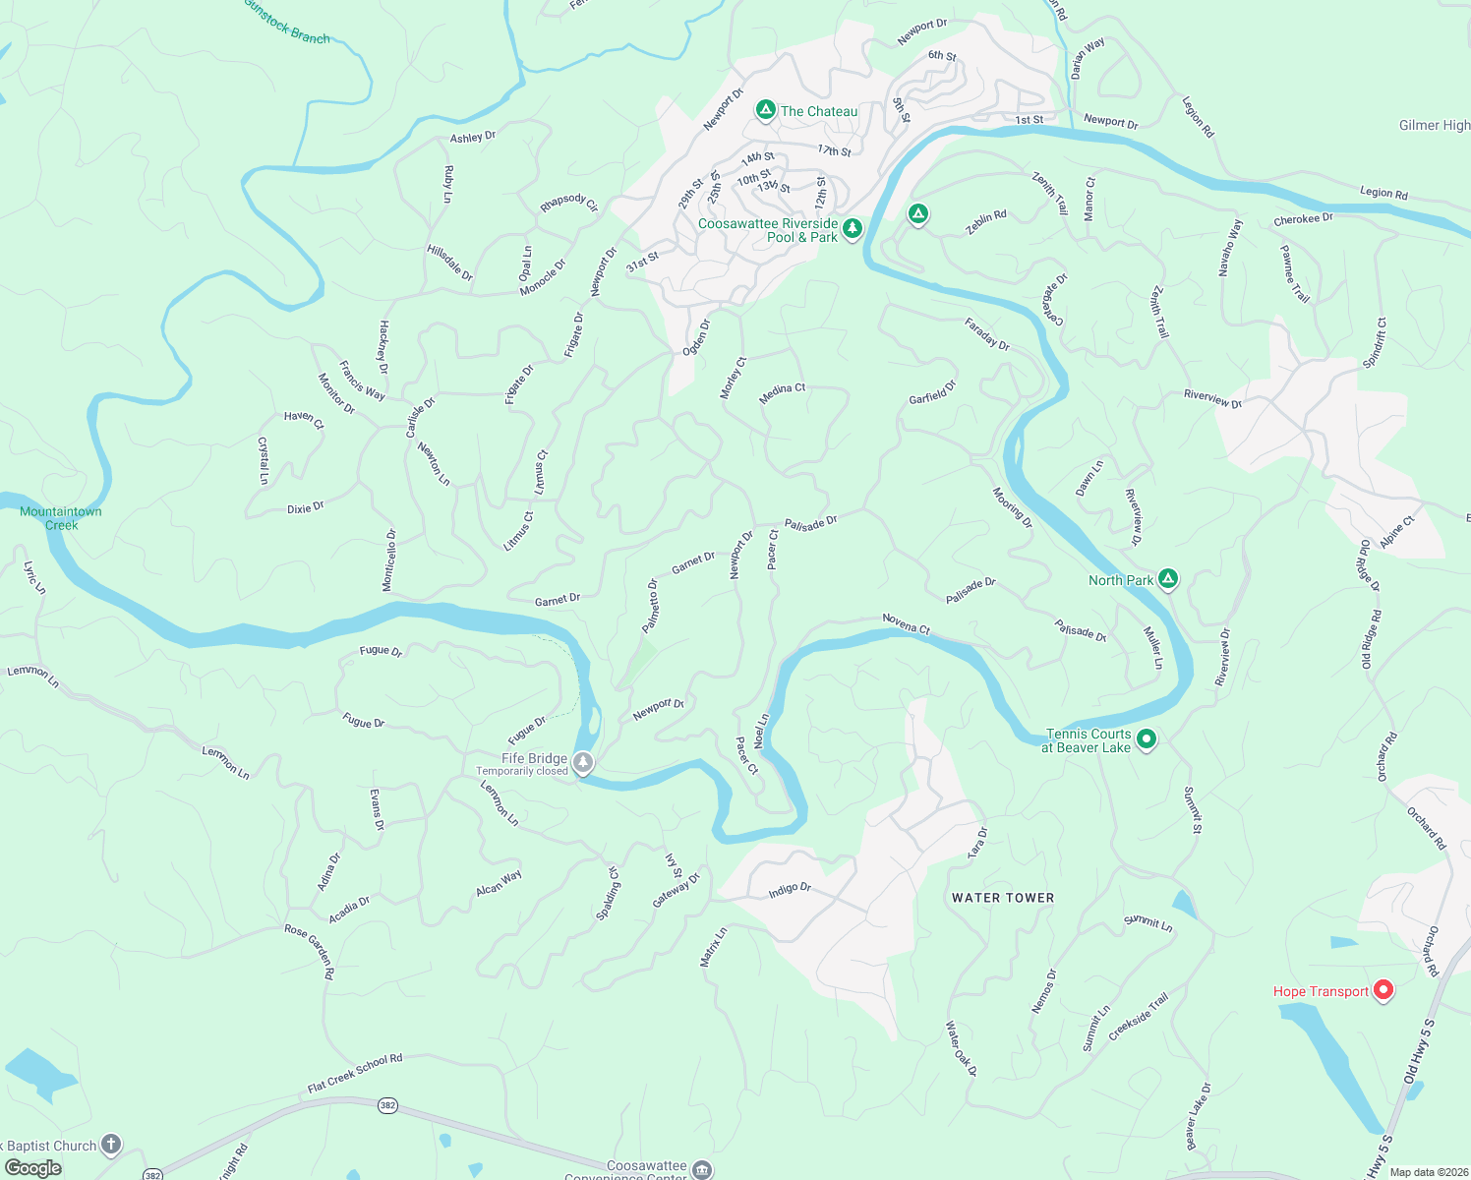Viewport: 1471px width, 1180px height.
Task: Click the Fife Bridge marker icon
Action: (583, 763)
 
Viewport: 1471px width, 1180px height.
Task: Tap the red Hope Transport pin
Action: (1383, 990)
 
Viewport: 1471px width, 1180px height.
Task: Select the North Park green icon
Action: (1168, 579)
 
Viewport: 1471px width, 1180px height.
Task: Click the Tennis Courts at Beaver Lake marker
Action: (1146, 739)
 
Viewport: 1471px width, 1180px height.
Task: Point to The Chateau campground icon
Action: (766, 110)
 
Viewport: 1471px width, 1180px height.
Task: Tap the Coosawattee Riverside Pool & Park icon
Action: (853, 229)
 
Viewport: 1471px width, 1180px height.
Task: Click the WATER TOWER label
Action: (1003, 898)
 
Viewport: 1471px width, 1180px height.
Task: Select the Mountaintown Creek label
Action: (61, 518)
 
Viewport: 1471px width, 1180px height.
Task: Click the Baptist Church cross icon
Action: (111, 1144)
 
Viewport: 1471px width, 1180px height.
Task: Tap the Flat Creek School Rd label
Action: (355, 1073)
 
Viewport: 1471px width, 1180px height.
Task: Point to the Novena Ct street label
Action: (906, 623)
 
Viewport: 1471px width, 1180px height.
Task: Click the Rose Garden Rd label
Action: (311, 950)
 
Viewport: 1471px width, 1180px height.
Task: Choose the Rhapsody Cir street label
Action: (569, 203)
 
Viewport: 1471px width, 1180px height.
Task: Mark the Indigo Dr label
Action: (790, 889)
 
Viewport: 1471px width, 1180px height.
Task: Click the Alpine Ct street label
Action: (1397, 531)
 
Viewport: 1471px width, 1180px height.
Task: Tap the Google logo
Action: (33, 1168)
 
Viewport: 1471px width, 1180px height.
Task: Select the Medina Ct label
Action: (783, 393)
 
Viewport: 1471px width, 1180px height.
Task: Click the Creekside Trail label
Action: (1139, 1017)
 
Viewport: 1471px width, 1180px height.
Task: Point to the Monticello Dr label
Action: (390, 560)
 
